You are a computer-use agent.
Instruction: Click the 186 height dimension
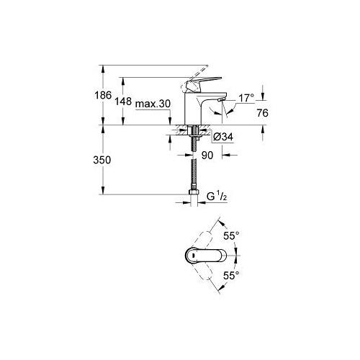[103, 95]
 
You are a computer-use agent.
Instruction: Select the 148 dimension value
[123, 102]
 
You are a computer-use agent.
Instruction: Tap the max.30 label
[153, 104]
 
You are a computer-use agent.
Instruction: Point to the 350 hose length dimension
[102, 160]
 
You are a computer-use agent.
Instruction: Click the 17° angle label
[246, 98]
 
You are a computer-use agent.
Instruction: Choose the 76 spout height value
[263, 113]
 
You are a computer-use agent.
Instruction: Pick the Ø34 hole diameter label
[223, 137]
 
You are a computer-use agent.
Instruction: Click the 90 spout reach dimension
[207, 156]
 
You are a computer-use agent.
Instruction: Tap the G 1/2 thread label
[217, 197]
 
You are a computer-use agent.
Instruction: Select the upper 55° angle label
[231, 235]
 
